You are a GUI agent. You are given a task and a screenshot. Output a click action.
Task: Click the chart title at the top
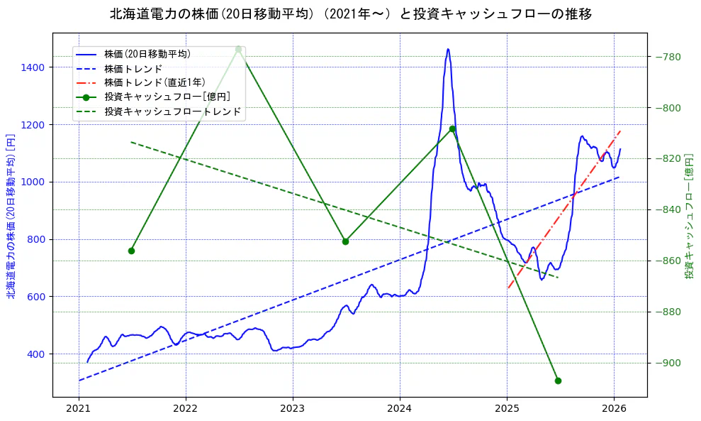point(350,14)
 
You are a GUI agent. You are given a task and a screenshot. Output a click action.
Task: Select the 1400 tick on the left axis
point(33,67)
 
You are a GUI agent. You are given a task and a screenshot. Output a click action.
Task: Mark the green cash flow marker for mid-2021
point(131,251)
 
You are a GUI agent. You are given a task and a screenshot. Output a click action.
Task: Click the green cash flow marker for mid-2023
point(345,241)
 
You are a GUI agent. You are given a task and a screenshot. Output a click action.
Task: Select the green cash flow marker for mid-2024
point(452,129)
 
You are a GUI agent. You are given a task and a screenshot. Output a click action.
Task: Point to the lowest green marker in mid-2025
point(558,381)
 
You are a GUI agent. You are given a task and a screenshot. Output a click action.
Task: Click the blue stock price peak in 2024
point(448,49)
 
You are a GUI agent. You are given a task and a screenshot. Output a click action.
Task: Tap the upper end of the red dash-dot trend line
point(620,131)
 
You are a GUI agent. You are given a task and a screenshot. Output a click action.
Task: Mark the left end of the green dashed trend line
point(131,142)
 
